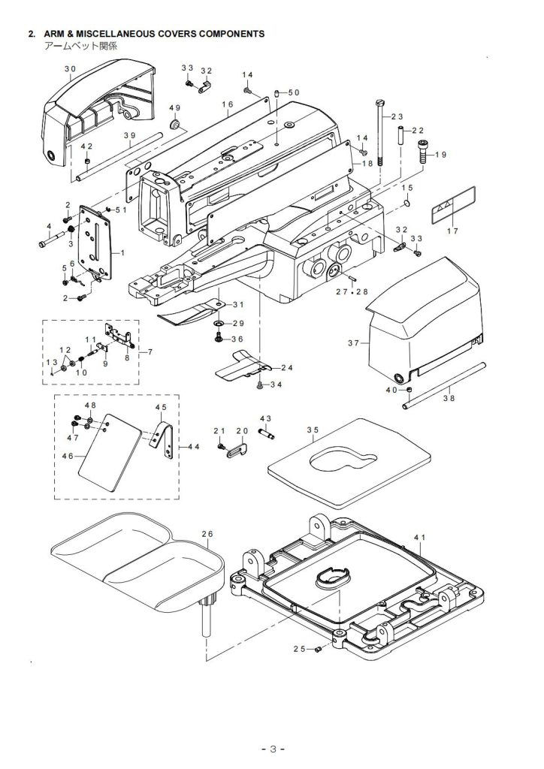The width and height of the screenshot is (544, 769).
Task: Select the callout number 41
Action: coord(420,538)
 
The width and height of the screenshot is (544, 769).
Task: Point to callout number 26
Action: coord(207,534)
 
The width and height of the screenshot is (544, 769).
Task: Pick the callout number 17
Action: coord(452,231)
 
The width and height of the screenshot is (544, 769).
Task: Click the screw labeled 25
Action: coord(319,648)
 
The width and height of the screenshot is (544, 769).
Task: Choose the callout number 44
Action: coord(193,447)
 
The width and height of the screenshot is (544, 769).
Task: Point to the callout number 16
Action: coord(228,104)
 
